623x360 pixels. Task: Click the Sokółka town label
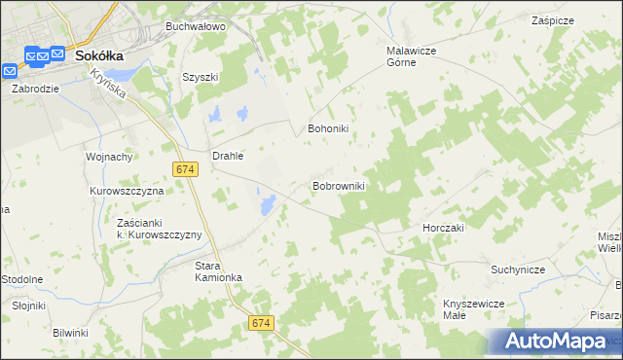click(101, 55)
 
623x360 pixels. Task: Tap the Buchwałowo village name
click(195, 27)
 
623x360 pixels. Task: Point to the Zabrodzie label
click(36, 88)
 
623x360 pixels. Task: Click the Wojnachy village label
click(109, 157)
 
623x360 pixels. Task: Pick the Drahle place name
click(228, 155)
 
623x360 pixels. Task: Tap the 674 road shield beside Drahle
click(187, 169)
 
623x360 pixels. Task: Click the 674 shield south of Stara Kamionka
click(260, 322)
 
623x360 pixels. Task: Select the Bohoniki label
click(327, 128)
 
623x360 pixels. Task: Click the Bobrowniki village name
click(338, 185)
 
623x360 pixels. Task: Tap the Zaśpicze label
click(552, 20)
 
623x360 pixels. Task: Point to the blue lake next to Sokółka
click(115, 74)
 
